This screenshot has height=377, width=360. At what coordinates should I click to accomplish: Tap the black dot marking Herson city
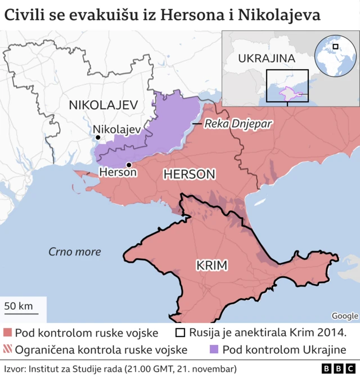tap(129, 164)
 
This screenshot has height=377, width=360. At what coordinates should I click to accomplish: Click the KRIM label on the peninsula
tap(212, 264)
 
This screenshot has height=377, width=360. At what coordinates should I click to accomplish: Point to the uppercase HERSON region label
tap(189, 175)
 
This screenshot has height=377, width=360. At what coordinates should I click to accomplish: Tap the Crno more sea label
tap(74, 252)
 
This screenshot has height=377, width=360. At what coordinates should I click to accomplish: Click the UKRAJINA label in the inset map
tap(267, 59)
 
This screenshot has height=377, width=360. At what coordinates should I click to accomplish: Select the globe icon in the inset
tap(336, 55)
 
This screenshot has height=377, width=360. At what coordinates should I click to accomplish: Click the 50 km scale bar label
tap(19, 306)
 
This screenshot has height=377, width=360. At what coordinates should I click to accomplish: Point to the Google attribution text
tap(344, 316)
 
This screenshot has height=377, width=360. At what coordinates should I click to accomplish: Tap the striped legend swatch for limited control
tap(7, 349)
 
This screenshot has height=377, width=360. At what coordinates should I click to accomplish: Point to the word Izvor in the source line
tap(14, 369)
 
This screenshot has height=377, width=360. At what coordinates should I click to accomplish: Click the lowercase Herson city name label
tap(118, 173)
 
